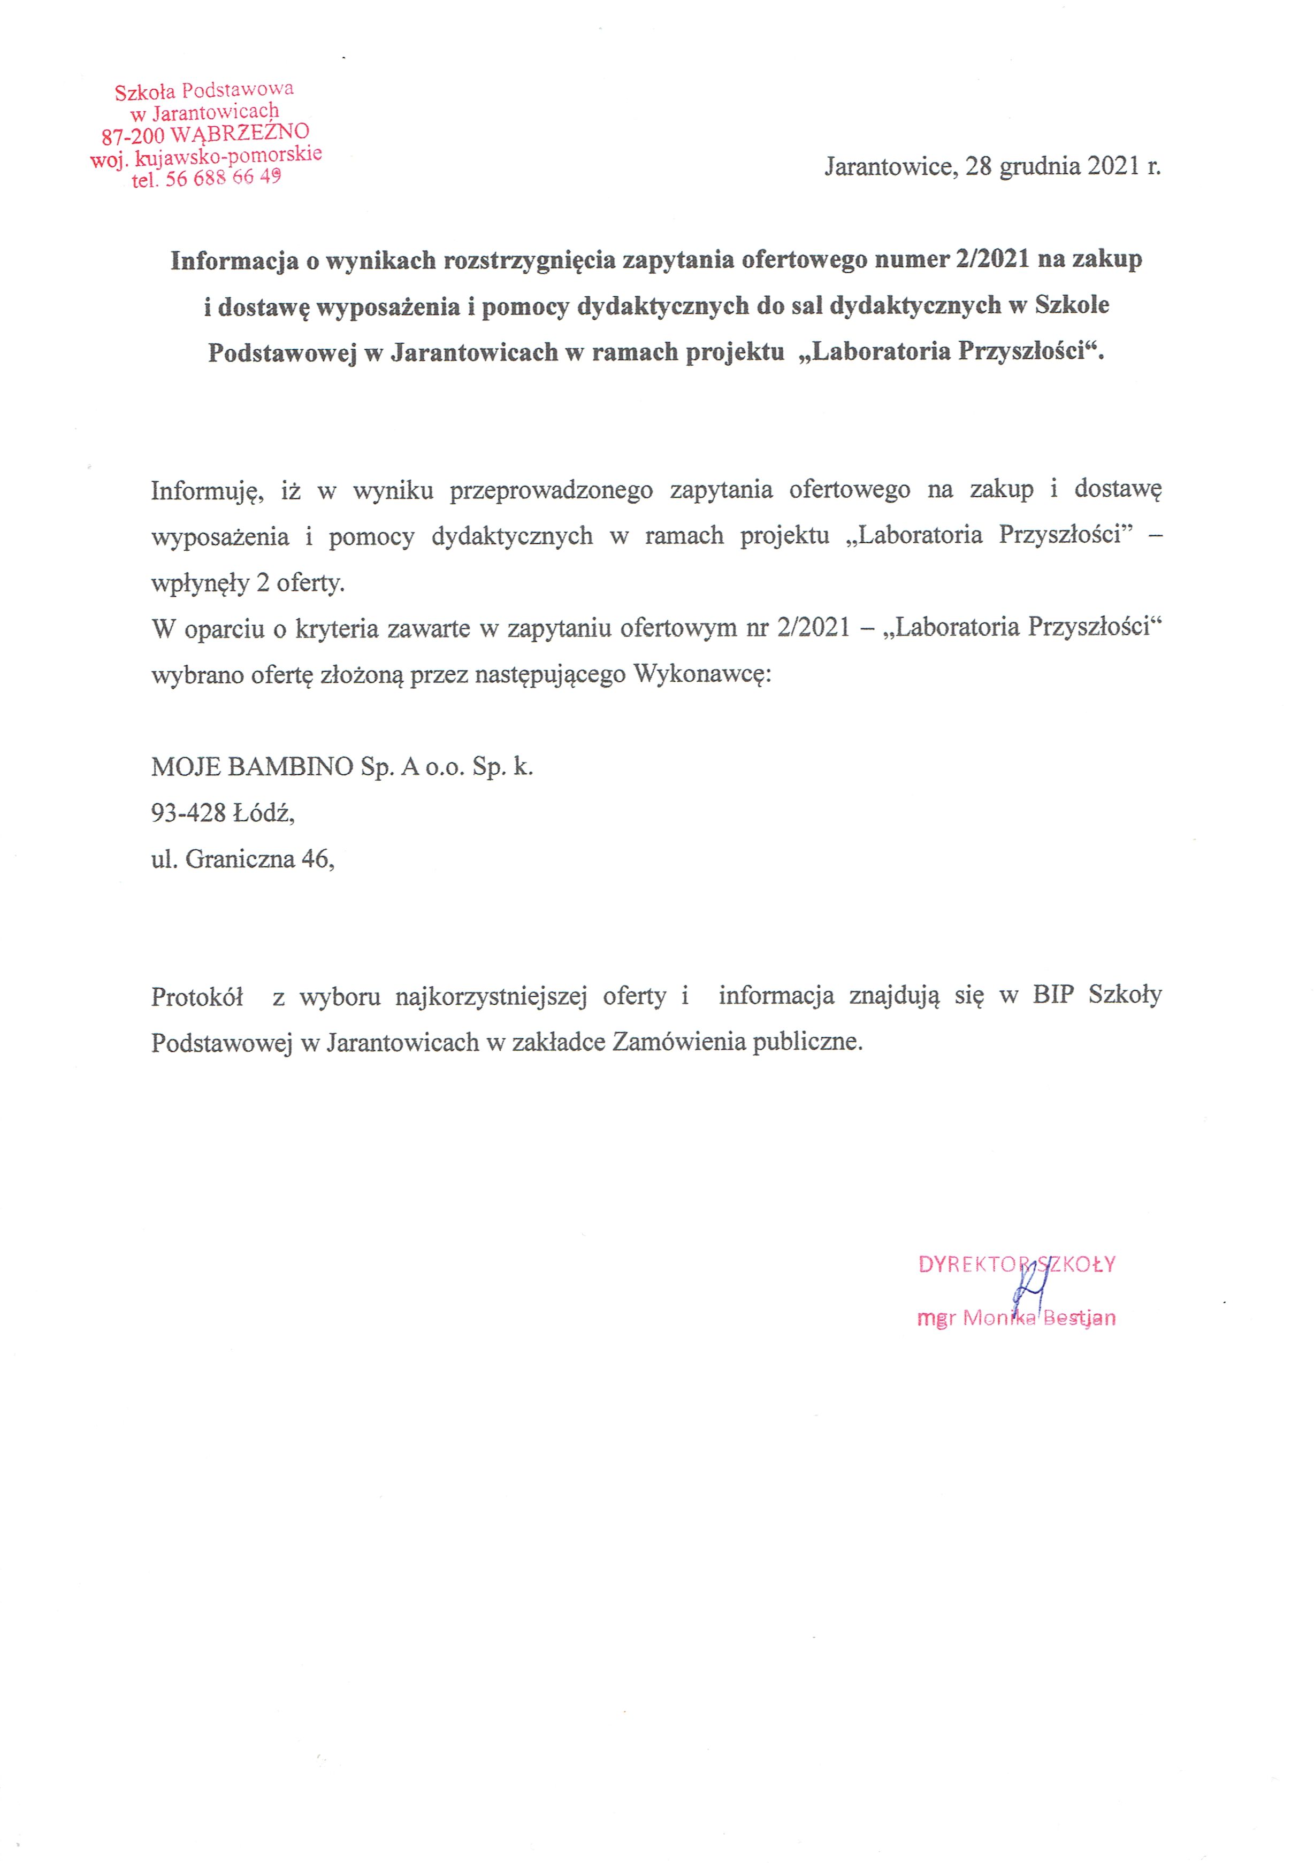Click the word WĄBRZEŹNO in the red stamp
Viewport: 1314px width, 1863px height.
point(240,132)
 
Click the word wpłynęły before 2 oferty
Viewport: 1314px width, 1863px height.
point(200,583)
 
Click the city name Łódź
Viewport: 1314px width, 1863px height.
point(264,812)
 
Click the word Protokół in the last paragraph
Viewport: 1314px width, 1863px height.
point(197,996)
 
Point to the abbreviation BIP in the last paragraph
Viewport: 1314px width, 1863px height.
point(1053,995)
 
